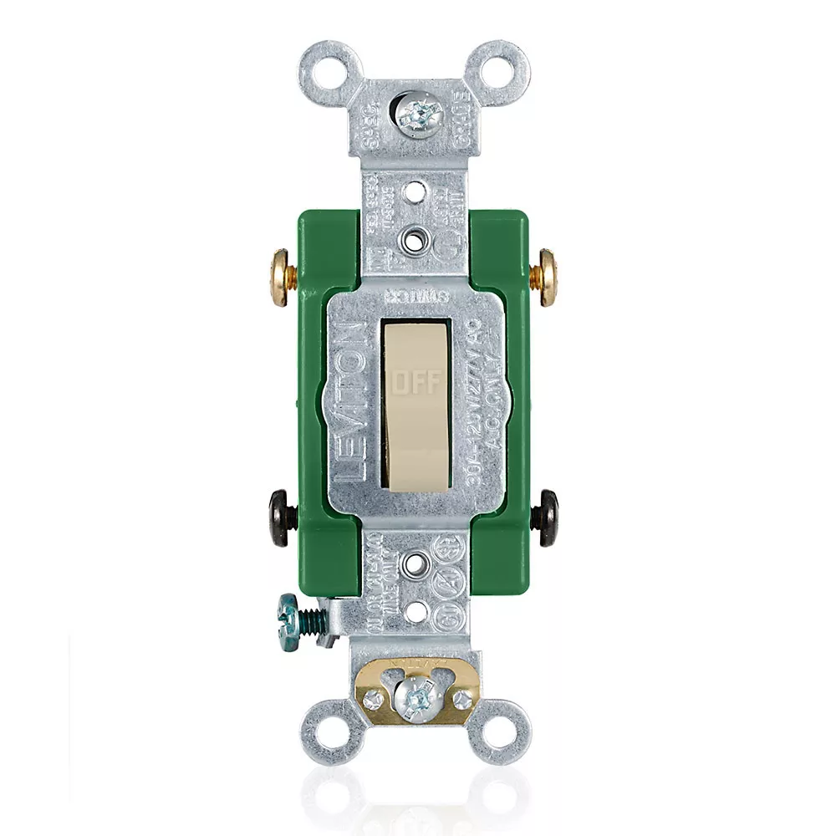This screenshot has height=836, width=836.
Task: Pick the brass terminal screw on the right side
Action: (549, 276)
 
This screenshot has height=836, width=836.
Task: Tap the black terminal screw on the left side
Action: (278, 517)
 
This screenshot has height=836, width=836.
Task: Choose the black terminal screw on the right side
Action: (548, 517)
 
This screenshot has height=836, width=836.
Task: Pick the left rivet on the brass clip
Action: (374, 696)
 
